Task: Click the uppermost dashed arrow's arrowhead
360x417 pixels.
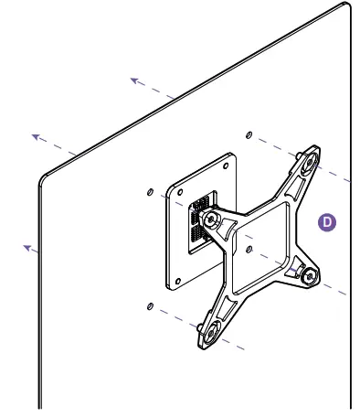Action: (133, 80)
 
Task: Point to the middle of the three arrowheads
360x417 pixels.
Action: (36, 136)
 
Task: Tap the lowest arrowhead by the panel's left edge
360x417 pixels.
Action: (28, 246)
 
